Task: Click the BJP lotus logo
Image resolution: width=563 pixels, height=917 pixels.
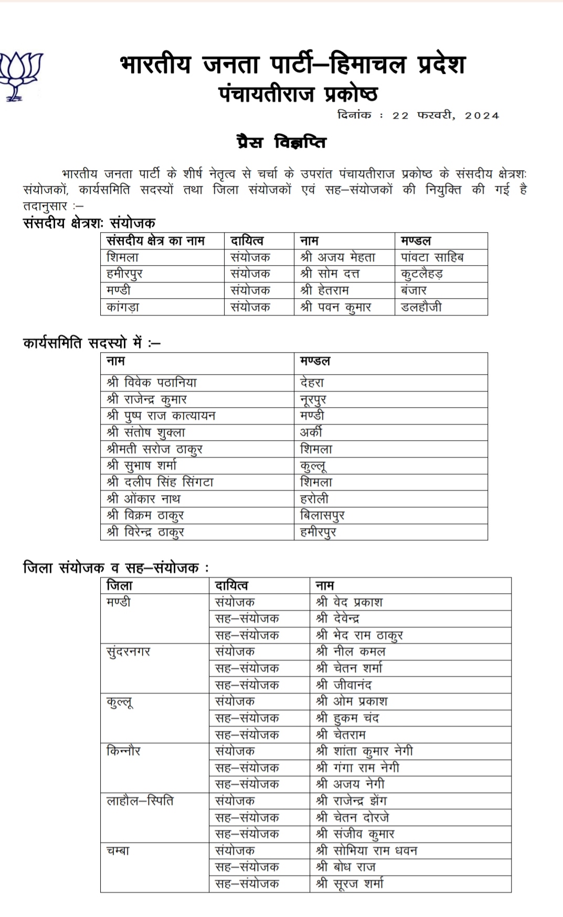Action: (x=20, y=76)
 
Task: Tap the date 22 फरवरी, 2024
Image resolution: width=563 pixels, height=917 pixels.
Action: (x=445, y=116)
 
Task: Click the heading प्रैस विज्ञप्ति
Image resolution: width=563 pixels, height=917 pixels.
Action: (x=281, y=143)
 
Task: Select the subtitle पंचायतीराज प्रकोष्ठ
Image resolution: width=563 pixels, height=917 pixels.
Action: (x=298, y=94)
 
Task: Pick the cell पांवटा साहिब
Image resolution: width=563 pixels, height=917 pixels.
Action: (x=432, y=257)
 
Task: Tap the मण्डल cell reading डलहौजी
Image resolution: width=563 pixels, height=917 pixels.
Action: (x=421, y=307)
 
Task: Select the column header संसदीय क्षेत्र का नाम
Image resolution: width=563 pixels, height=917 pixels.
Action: (x=155, y=241)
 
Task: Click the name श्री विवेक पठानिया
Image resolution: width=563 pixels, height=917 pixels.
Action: (x=152, y=383)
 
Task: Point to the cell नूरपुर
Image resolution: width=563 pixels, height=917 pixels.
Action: (x=313, y=399)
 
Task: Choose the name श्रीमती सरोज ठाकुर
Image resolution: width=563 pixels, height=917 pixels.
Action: (x=154, y=449)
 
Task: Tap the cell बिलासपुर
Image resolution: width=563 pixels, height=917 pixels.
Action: (x=322, y=515)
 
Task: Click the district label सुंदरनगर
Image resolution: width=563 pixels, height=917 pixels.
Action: (x=129, y=652)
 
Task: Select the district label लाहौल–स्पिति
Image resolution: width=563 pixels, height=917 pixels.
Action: (x=140, y=801)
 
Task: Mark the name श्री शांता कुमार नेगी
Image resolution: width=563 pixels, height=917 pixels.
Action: (x=365, y=751)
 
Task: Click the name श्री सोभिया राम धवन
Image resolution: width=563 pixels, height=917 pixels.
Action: (x=367, y=850)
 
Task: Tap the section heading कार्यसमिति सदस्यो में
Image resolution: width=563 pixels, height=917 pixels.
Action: (x=92, y=343)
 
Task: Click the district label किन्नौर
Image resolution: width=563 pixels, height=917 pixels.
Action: (x=123, y=751)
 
